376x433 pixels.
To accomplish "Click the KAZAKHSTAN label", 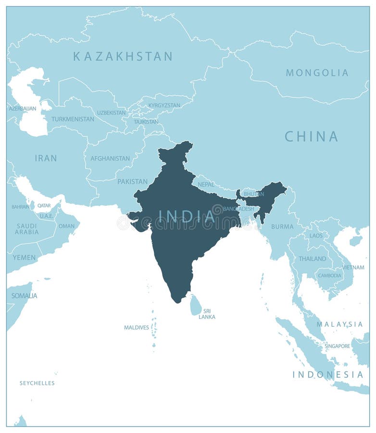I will tap(123, 56).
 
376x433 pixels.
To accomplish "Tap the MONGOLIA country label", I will tap(317, 73).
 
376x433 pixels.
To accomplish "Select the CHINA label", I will tap(311, 137).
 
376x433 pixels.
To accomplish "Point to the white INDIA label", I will tap(187, 216).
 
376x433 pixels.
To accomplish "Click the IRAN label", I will tap(46, 158).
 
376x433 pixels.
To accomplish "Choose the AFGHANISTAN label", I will tap(110, 158).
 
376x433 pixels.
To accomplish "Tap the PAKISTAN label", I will tap(132, 181).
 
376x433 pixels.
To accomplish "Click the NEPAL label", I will tap(206, 184).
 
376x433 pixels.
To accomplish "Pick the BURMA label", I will tap(282, 226).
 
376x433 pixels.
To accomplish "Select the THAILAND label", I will tap(312, 258).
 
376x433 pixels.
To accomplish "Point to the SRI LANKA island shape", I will tap(196, 306).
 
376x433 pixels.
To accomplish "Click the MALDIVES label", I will tap(137, 327).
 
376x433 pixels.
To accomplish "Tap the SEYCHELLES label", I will tap(37, 383).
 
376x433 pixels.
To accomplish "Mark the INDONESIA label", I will tap(328, 374).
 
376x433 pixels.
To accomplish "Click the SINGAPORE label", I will tap(337, 346).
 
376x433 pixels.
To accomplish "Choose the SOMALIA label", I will tap(24, 295).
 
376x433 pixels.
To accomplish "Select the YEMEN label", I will tap(24, 257).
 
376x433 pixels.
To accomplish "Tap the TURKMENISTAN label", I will tap(73, 119).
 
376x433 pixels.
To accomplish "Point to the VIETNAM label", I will tap(353, 267).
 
